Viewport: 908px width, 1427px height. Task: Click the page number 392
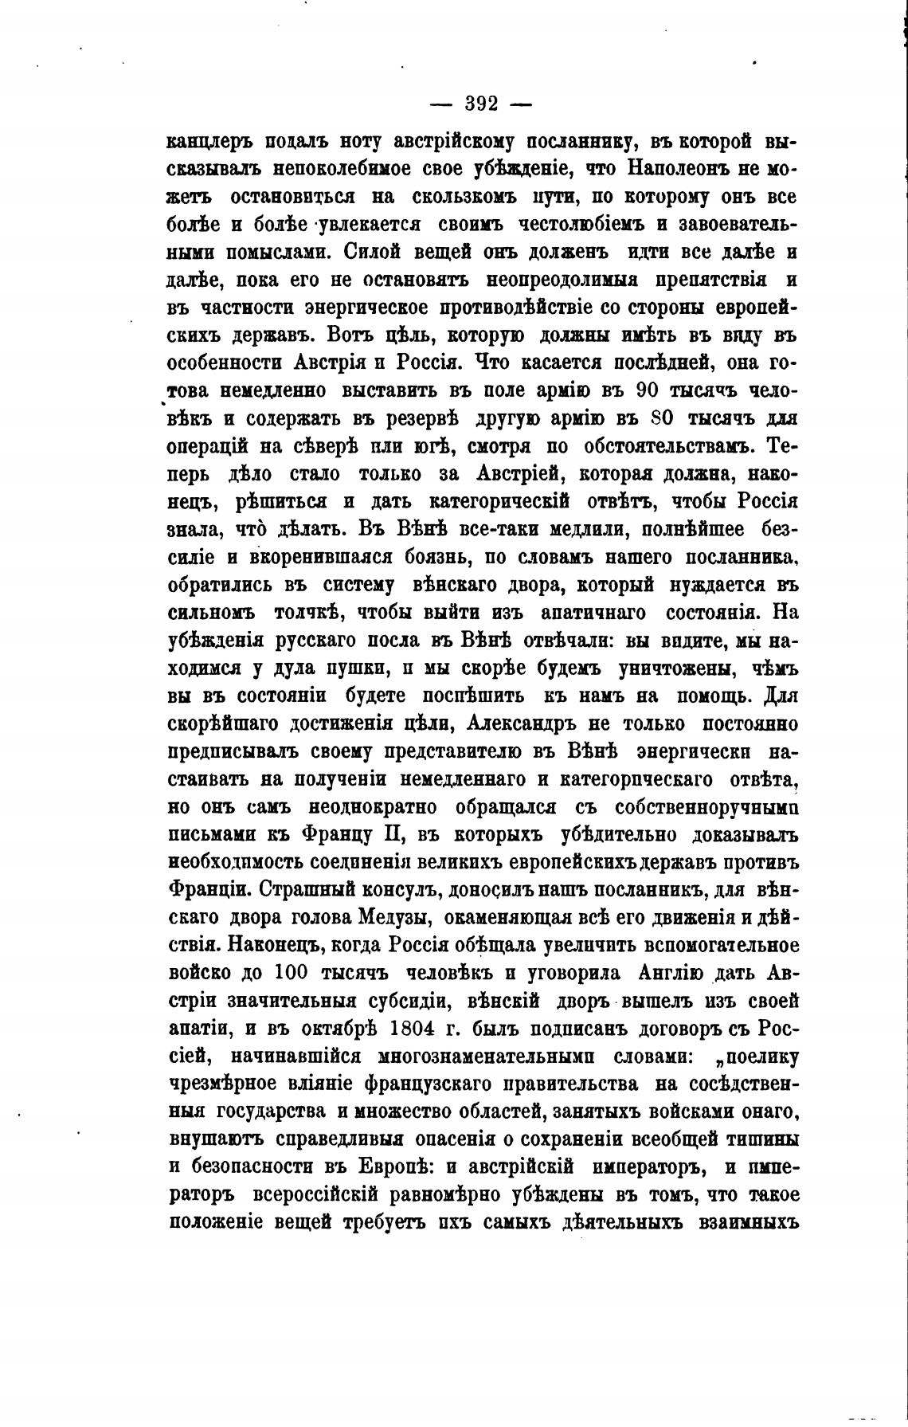pyautogui.click(x=481, y=104)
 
